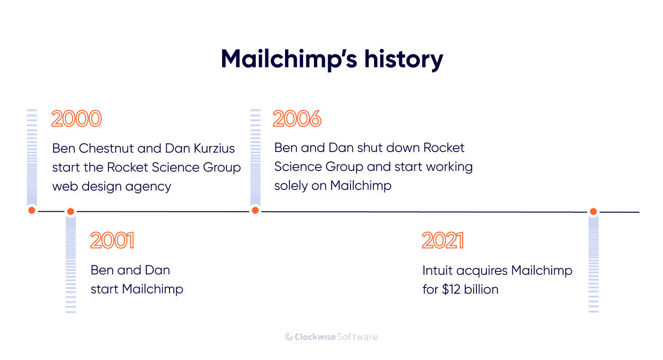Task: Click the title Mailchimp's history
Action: [x=331, y=60]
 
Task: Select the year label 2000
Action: [x=76, y=119]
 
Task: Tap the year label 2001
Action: [x=112, y=241]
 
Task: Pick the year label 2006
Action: [x=297, y=119]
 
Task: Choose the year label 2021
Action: [x=442, y=241]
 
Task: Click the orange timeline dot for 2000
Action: [x=32, y=210]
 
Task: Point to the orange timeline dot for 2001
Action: [x=71, y=211]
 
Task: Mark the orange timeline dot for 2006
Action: [x=255, y=210]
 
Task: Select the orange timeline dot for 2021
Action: [x=593, y=212]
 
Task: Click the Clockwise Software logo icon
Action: [x=289, y=337]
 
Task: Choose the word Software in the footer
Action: [x=358, y=337]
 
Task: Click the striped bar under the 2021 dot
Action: [x=593, y=265]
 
